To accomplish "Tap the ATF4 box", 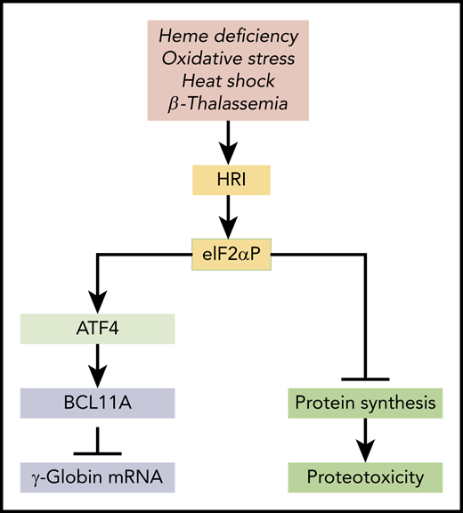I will point(97,329).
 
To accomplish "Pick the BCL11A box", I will point(97,403).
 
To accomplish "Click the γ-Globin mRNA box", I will point(97,478).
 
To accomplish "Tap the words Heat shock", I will point(231,81).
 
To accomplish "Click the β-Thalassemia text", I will point(231,105).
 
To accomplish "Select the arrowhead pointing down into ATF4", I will point(97,301).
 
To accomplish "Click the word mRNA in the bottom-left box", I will point(138,478).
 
